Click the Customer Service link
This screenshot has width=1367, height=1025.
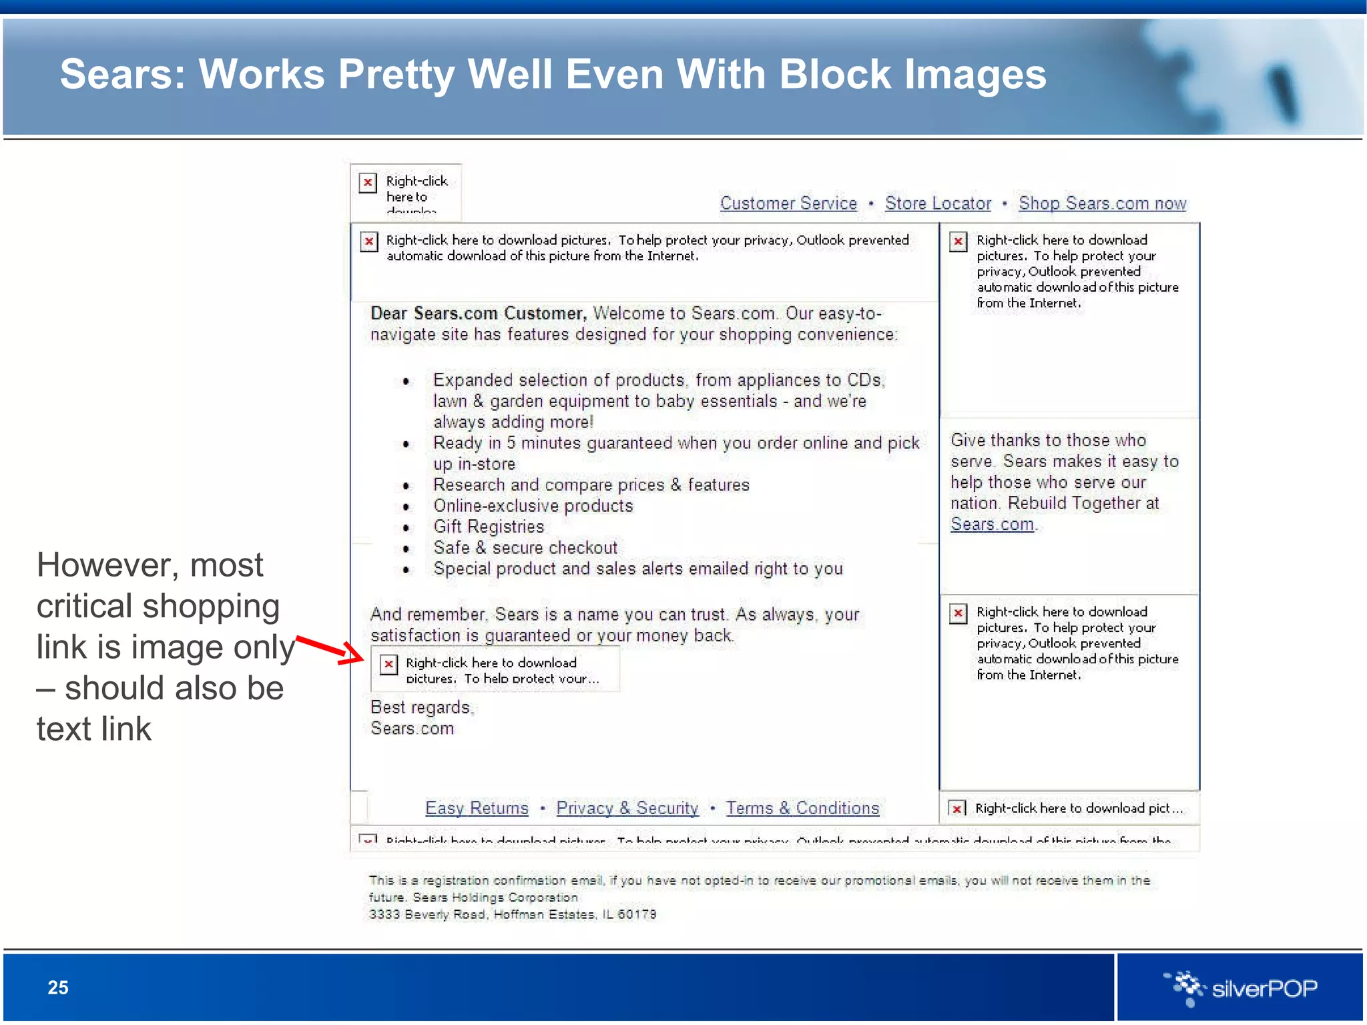click(788, 203)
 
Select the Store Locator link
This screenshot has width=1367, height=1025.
click(938, 203)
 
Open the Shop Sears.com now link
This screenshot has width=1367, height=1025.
click(1102, 203)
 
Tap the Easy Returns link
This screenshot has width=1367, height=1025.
click(477, 808)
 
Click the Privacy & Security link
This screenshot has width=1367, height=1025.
click(627, 808)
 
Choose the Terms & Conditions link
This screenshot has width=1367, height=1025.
click(802, 808)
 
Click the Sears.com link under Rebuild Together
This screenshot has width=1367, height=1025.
click(992, 525)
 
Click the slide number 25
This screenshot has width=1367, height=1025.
click(58, 988)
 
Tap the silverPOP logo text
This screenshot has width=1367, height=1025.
click(1264, 988)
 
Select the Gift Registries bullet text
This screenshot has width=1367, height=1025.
click(489, 527)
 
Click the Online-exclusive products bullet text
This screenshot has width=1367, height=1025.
click(533, 506)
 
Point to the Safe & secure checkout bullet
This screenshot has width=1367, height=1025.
click(525, 548)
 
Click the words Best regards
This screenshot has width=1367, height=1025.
click(421, 707)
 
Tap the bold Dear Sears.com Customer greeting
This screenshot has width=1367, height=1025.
click(478, 314)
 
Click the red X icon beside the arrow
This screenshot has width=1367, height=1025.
click(388, 664)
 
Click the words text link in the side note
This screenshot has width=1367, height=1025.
click(94, 729)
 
